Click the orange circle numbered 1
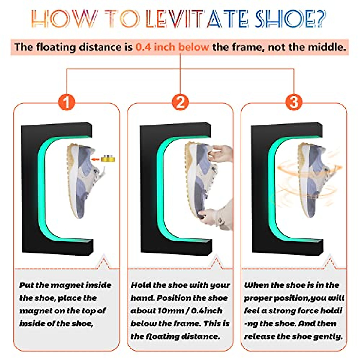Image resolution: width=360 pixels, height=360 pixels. [x=67, y=102]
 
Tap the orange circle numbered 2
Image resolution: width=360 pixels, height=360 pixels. [x=180, y=102]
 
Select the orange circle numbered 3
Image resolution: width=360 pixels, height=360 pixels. [x=294, y=102]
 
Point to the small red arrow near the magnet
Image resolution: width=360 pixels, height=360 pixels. [x=96, y=159]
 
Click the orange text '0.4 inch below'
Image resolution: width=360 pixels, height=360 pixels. [x=172, y=47]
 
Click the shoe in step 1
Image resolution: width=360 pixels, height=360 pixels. [x=84, y=180]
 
